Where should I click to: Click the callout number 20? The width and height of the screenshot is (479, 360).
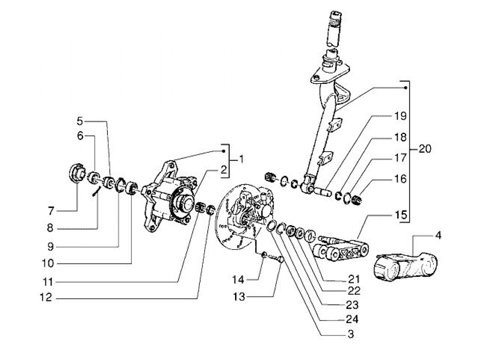pyautogui.click(x=425, y=149)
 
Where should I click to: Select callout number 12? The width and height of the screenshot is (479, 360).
pyautogui.click(x=46, y=297)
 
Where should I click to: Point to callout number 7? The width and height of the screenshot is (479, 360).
pyautogui.click(x=51, y=211)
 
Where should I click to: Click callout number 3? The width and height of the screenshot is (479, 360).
pyautogui.click(x=350, y=334)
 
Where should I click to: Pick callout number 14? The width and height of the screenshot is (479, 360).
pyautogui.click(x=238, y=280)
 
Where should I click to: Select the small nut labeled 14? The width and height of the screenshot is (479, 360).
pyautogui.click(x=264, y=255)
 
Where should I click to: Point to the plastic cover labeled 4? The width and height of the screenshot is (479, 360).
pyautogui.click(x=406, y=268)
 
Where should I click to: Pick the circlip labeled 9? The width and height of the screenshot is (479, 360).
pyautogui.click(x=119, y=185)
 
